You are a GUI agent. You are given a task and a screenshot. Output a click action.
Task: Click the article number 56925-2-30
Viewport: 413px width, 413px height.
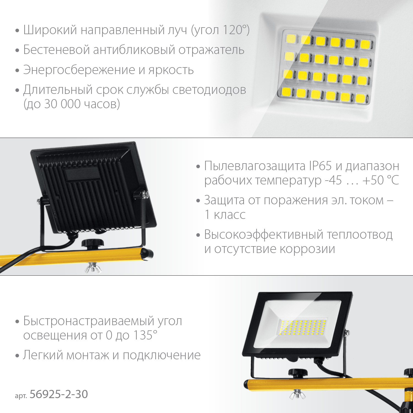click(59, 394)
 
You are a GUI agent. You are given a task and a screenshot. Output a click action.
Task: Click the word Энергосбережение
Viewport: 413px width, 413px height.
click(79, 70)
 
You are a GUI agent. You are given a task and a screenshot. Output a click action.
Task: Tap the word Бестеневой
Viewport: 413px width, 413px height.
click(56, 50)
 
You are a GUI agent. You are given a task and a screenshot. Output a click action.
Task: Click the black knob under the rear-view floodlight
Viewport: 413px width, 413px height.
click(93, 244)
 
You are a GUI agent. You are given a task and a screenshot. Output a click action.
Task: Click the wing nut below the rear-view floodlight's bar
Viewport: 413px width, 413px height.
click(93, 268)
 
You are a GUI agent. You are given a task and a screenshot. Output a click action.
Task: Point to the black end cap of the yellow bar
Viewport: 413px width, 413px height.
click(148, 254)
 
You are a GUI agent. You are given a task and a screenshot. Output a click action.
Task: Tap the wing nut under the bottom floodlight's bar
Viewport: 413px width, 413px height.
click(297, 394)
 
